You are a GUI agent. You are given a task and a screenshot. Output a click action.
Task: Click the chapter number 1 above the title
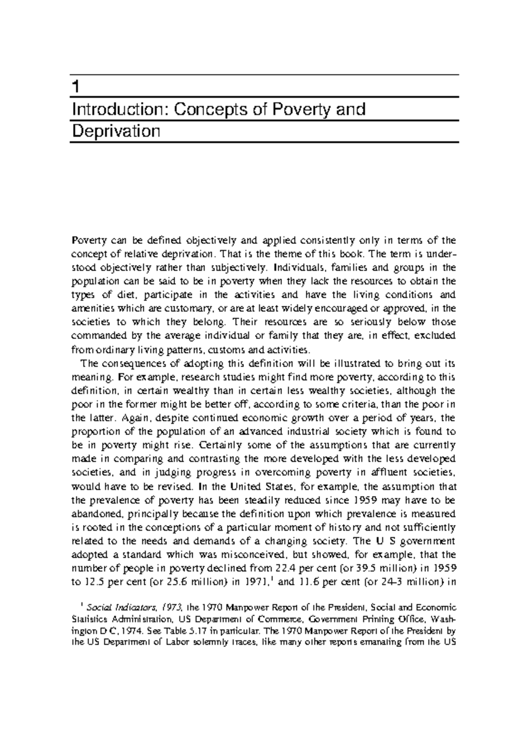[x=76, y=87]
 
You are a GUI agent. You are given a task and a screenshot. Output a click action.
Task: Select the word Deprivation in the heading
[x=115, y=131]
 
